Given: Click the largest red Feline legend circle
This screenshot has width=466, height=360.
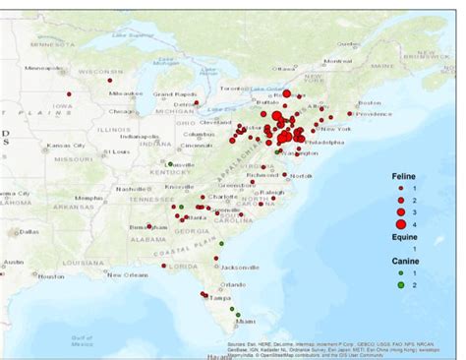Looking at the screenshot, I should (x=401, y=225).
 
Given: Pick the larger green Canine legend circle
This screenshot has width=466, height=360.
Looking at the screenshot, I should (x=401, y=285).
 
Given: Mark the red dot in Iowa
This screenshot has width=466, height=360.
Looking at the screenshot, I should (x=69, y=93).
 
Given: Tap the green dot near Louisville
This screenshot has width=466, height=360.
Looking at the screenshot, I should (x=169, y=163).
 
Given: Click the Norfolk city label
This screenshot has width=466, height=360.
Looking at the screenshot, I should (x=301, y=175).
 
